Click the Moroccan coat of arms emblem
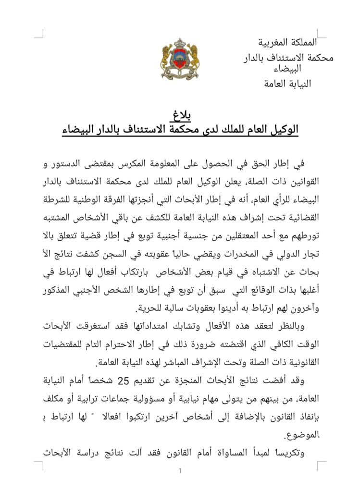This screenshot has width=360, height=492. [x=179, y=60]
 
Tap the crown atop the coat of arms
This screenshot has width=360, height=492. [x=179, y=42]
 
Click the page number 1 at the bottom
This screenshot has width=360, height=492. [x=180, y=471]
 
